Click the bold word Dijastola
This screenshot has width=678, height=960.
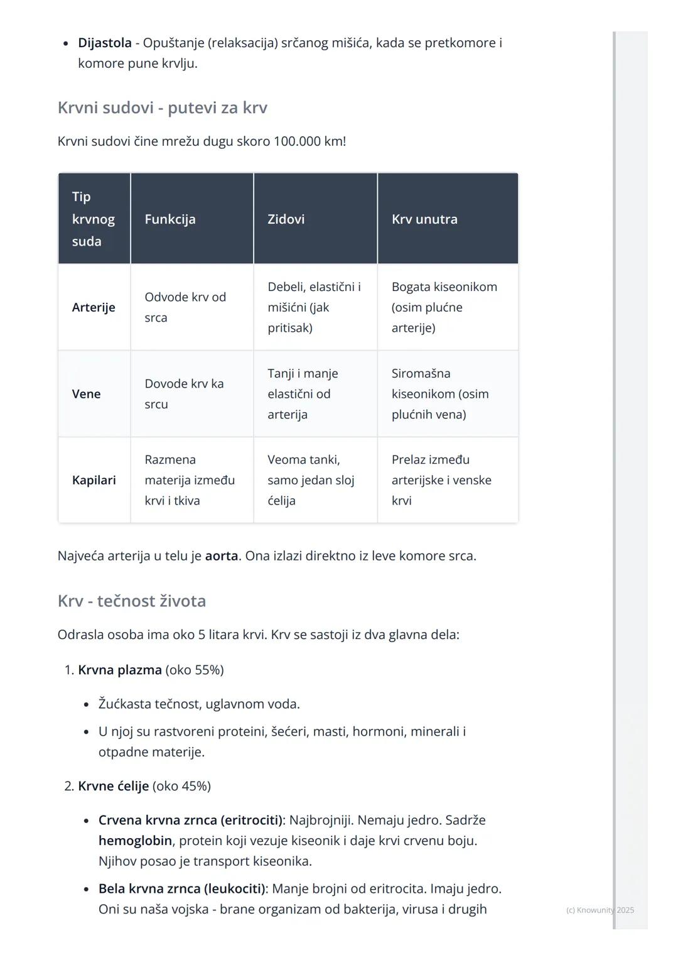pyautogui.click(x=104, y=43)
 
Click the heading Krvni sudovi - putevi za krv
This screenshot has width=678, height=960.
pyautogui.click(x=162, y=107)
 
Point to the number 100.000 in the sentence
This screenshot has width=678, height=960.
pyautogui.click(x=296, y=141)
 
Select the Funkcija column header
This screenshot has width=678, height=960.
pyautogui.click(x=169, y=219)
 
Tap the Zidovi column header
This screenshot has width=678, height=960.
pyautogui.click(x=286, y=219)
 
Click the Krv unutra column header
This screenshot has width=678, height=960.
pyautogui.click(x=424, y=219)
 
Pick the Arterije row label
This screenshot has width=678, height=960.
pyautogui.click(x=94, y=307)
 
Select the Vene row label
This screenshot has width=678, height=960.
pyautogui.click(x=86, y=394)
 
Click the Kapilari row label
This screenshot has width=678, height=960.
pyautogui.click(x=94, y=480)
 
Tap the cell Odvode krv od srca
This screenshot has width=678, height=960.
pyautogui.click(x=185, y=307)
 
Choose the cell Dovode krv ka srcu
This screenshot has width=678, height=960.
pyautogui.click(x=183, y=394)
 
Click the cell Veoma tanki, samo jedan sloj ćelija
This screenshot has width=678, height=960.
pyautogui.click(x=310, y=480)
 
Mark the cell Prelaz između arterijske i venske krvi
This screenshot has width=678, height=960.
pyautogui.click(x=441, y=480)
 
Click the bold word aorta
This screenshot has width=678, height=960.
pyautogui.click(x=221, y=556)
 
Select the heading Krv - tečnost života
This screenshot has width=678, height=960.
pyautogui.click(x=131, y=601)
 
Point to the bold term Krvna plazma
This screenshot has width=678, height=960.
pyautogui.click(x=119, y=670)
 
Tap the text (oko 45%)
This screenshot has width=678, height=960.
pyautogui.click(x=181, y=786)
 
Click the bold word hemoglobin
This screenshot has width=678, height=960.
pyautogui.click(x=135, y=841)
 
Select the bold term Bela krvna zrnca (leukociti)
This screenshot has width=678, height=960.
pyautogui.click(x=182, y=888)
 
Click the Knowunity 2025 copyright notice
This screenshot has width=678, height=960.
pyautogui.click(x=600, y=910)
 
